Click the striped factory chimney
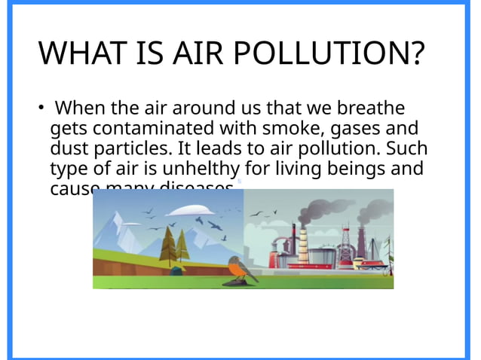click(x=304, y=245)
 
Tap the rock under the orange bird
click(x=240, y=283)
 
